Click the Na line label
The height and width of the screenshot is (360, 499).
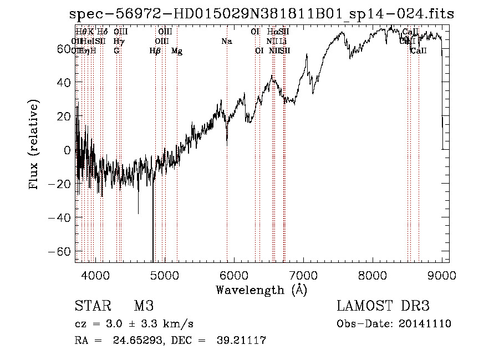point(226,41)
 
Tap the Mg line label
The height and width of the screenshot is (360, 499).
point(177,51)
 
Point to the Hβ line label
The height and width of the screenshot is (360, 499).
point(155,51)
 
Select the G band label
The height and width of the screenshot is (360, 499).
point(116,51)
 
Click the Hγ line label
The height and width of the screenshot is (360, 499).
point(118,41)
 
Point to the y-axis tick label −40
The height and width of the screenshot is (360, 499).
point(60,217)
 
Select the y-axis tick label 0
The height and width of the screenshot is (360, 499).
point(67,150)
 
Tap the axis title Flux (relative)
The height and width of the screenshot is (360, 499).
point(35,145)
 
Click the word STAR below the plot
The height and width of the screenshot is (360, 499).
point(93,307)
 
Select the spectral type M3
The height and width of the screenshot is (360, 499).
point(143,307)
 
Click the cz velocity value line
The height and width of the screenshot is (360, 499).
point(134,323)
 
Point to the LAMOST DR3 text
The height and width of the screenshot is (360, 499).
point(383,307)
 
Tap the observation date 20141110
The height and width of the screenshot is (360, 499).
point(425,324)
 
